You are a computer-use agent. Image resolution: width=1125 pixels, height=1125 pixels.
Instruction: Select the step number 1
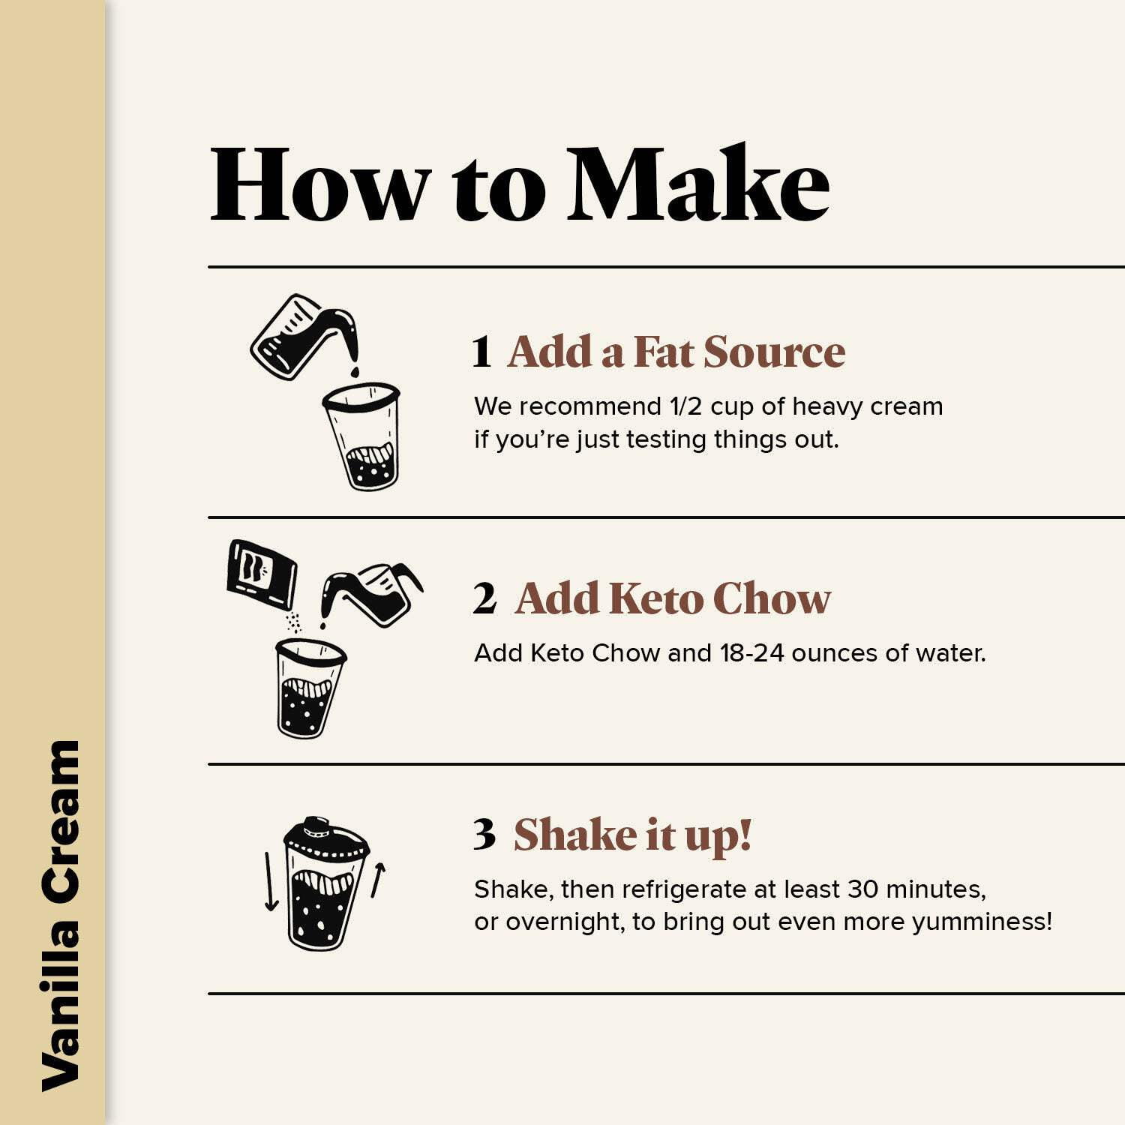(x=481, y=352)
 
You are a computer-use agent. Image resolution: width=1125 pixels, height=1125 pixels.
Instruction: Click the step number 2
(x=484, y=598)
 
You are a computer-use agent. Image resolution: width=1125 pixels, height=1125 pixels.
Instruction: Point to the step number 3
(x=484, y=834)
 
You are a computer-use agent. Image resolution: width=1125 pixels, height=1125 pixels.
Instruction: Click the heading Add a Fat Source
(x=676, y=352)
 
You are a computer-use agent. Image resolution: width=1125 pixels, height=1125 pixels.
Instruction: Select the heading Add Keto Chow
(x=673, y=598)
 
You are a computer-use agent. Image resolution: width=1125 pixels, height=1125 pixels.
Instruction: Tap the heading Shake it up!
(x=632, y=835)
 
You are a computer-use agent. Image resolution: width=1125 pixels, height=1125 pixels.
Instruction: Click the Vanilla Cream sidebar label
(x=61, y=916)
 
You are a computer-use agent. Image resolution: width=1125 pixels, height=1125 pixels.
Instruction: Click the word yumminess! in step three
(x=982, y=922)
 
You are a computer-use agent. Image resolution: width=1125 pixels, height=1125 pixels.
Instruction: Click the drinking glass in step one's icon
(x=363, y=436)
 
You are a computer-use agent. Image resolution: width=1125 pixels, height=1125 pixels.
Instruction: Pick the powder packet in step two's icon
(x=262, y=572)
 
